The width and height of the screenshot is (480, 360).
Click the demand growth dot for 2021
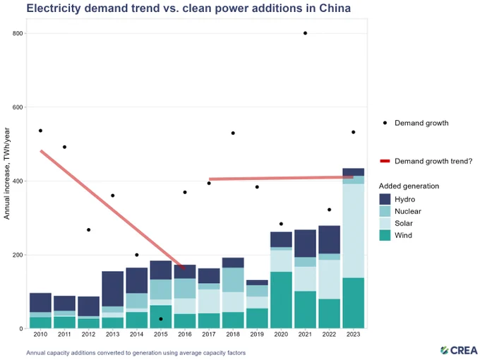tap(305, 33)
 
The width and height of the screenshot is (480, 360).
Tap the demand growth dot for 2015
tap(161, 319)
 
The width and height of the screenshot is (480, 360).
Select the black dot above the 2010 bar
tap(40, 131)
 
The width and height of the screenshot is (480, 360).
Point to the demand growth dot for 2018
tap(233, 133)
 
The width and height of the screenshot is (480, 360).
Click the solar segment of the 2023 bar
tap(353, 231)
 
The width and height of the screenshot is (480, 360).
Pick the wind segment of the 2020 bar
tap(281, 300)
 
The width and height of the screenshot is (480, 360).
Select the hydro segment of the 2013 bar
tap(113, 289)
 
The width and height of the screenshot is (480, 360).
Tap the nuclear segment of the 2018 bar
tap(233, 280)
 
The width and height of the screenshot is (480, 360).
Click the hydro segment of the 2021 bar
tap(305, 244)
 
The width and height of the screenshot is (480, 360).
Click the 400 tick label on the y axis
tap(18, 181)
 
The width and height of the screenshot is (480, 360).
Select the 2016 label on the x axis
tap(185, 335)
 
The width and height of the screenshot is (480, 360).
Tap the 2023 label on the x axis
tap(353, 335)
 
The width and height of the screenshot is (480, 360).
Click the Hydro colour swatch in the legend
tap(385, 199)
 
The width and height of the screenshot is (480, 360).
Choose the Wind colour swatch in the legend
tap(385, 235)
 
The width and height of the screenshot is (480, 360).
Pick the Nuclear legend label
tap(408, 211)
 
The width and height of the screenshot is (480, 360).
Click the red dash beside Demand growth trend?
tap(385, 161)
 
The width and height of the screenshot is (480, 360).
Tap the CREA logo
tap(459, 350)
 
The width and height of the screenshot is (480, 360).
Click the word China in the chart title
tap(335, 8)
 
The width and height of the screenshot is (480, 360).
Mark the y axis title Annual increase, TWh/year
tap(7, 174)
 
